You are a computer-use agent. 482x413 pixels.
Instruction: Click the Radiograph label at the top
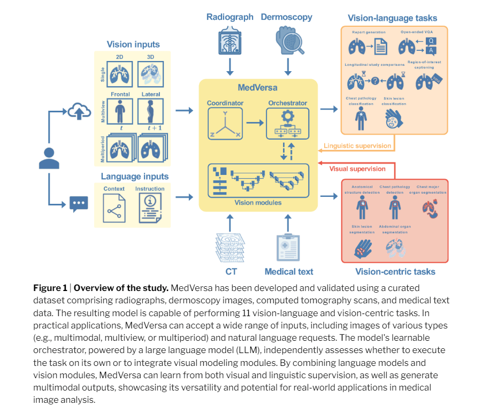[230, 17]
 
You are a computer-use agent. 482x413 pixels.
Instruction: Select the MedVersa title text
[258, 87]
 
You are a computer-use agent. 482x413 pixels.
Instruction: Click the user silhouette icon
[49, 158]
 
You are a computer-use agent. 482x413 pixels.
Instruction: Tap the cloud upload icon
[76, 112]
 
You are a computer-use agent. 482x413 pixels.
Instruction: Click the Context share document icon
[114, 208]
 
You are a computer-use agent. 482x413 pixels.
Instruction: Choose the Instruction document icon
[150, 208]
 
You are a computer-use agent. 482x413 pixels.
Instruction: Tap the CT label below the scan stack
[231, 271]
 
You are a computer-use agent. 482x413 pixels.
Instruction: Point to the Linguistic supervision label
[357, 146]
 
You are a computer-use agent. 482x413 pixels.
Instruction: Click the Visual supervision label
[357, 169]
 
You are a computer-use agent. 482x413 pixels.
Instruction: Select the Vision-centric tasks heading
[395, 271]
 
